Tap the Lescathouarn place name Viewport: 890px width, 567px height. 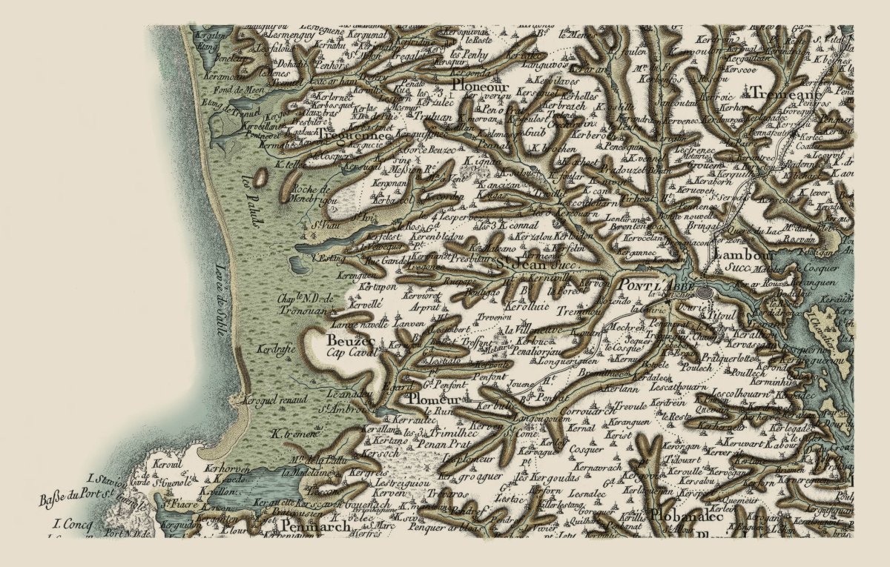674,387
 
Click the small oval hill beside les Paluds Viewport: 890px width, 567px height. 261,178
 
